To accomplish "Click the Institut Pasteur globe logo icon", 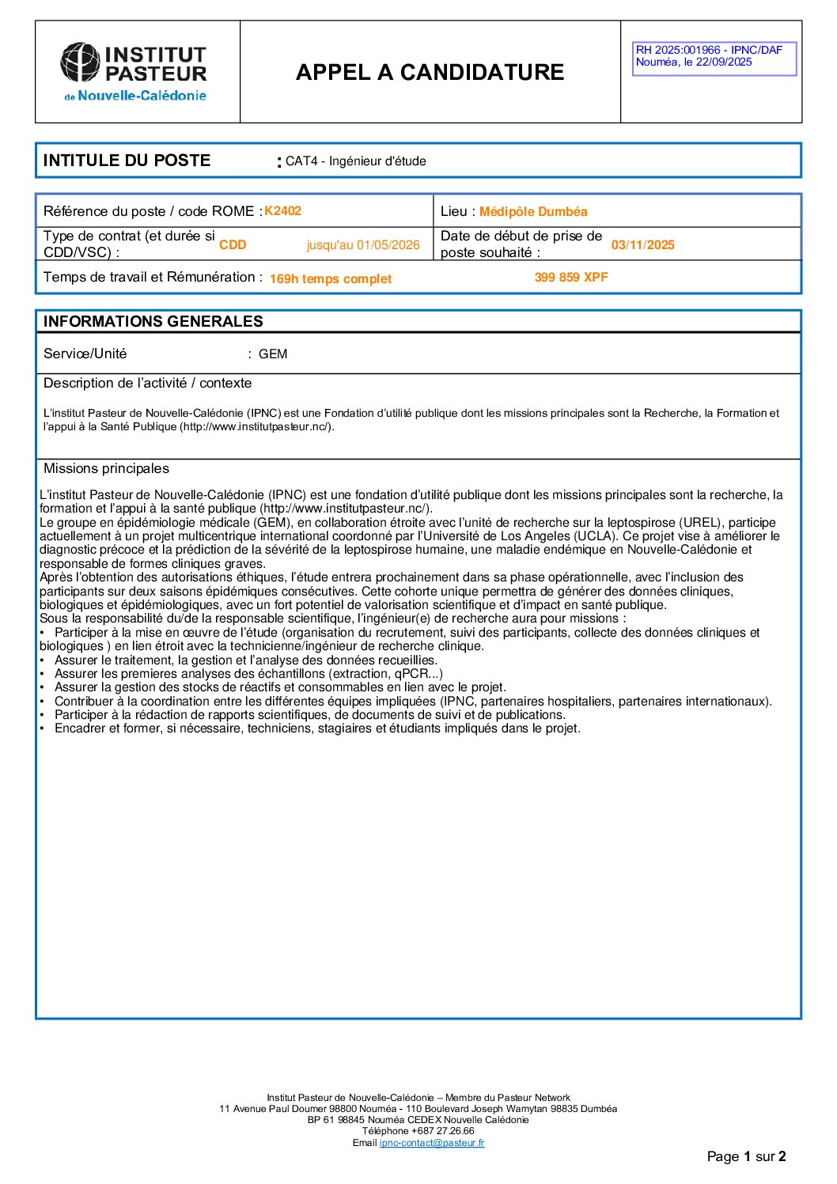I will tap(81, 62).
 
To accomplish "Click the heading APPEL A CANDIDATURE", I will tap(430, 72).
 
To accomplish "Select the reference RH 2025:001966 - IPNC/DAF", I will tap(709, 50).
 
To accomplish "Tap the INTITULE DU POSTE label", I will tap(127, 161).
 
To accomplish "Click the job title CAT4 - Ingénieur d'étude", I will tap(355, 161).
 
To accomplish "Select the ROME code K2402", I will tap(282, 211).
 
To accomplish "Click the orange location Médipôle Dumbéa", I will tap(533, 212).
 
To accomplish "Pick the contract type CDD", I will tap(233, 245).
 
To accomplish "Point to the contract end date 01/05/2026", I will tap(388, 245).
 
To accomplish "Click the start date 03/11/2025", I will tap(642, 245).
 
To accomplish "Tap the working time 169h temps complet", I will tap(330, 279).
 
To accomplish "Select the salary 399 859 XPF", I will tap(571, 278).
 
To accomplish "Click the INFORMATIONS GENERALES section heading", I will tap(153, 321).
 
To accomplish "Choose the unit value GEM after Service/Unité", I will tap(273, 354).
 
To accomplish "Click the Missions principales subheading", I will tap(106, 468).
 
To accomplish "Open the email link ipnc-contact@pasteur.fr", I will tap(432, 1143).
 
